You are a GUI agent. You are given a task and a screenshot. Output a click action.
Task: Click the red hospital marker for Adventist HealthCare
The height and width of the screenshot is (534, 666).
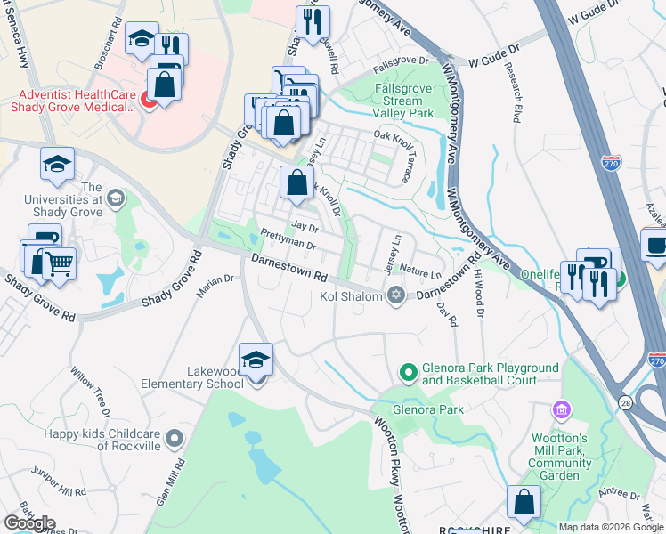pos(149,100)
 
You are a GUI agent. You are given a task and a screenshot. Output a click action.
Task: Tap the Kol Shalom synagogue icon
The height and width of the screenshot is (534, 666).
pos(397,295)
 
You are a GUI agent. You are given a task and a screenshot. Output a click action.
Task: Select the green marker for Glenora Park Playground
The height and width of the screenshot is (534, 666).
pos(408,371)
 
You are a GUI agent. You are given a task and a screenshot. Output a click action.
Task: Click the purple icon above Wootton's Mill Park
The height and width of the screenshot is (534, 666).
pos(562,409)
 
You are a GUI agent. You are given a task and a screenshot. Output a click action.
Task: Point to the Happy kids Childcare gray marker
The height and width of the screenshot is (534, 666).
pos(175,437)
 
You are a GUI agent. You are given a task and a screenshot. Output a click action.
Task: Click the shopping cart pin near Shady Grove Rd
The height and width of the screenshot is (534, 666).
pos(58,263)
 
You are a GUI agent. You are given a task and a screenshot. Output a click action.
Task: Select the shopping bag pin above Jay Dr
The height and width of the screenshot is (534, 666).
pos(297,183)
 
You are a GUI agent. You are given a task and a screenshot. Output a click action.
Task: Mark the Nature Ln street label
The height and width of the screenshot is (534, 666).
pos(420,273)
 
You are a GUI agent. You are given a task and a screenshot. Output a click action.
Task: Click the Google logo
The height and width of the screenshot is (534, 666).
pos(30,522)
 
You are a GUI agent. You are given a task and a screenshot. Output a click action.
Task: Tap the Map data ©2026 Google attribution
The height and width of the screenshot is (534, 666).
pos(611,527)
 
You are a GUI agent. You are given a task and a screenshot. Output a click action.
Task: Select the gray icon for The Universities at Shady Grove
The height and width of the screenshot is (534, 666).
pos(114,198)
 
